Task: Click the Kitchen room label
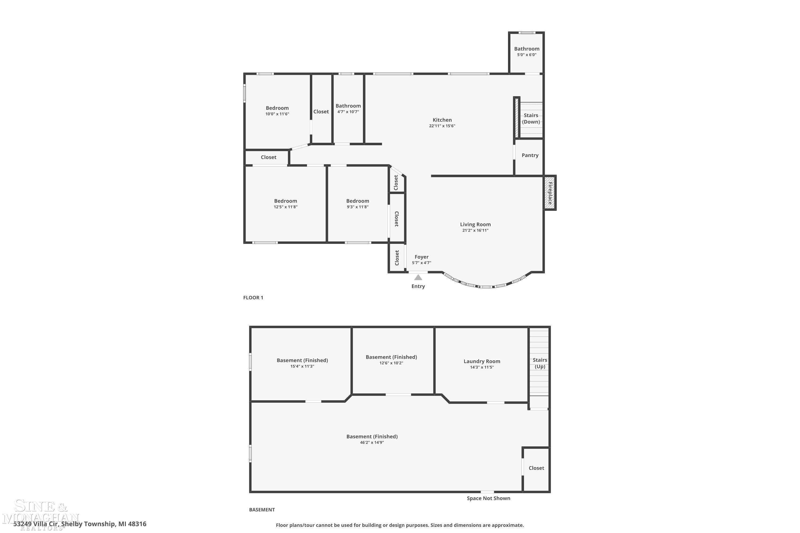(x=442, y=120)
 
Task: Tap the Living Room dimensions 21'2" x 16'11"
(x=475, y=231)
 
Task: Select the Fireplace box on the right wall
(x=550, y=193)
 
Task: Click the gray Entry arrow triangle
(x=418, y=277)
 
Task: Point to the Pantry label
(x=530, y=155)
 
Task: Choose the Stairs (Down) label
(x=531, y=119)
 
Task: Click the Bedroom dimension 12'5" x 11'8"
(x=285, y=207)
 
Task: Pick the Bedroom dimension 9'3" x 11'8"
(x=358, y=207)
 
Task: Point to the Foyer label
(x=421, y=257)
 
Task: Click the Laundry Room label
(x=482, y=361)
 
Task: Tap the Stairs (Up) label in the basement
(x=540, y=363)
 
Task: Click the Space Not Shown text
(x=488, y=498)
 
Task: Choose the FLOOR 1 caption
(x=253, y=298)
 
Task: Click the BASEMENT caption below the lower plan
(x=262, y=510)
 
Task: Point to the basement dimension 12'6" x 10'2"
(x=391, y=363)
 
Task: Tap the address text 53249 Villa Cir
(x=37, y=524)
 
